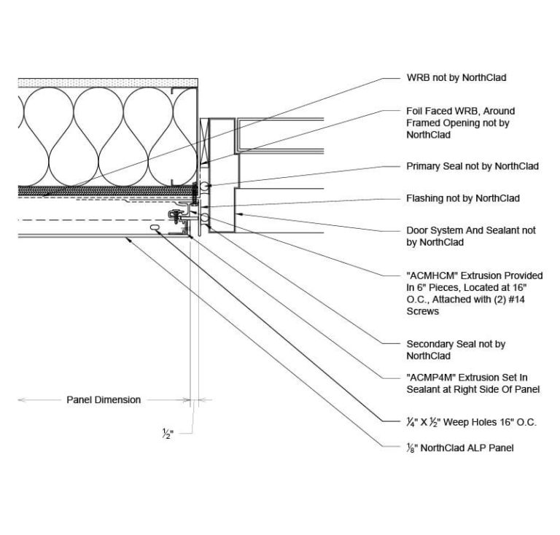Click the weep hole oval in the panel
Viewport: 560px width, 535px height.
[x=155, y=228]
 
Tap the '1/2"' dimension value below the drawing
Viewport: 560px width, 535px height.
[x=168, y=435]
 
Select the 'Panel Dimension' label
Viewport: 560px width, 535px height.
[x=104, y=399]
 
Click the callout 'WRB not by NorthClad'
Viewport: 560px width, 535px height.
[x=456, y=77]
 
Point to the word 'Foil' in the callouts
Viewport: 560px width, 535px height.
[x=413, y=111]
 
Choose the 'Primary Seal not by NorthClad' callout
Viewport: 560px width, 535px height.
[x=472, y=166]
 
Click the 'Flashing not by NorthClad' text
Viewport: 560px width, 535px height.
[x=462, y=198]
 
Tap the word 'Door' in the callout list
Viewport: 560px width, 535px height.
[x=417, y=230]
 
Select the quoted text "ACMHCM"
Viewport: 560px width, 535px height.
[x=432, y=276]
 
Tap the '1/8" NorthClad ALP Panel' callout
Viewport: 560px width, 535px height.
[x=459, y=448]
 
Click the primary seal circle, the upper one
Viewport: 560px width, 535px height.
[x=207, y=187]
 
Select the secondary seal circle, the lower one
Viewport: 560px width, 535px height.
[x=206, y=217]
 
